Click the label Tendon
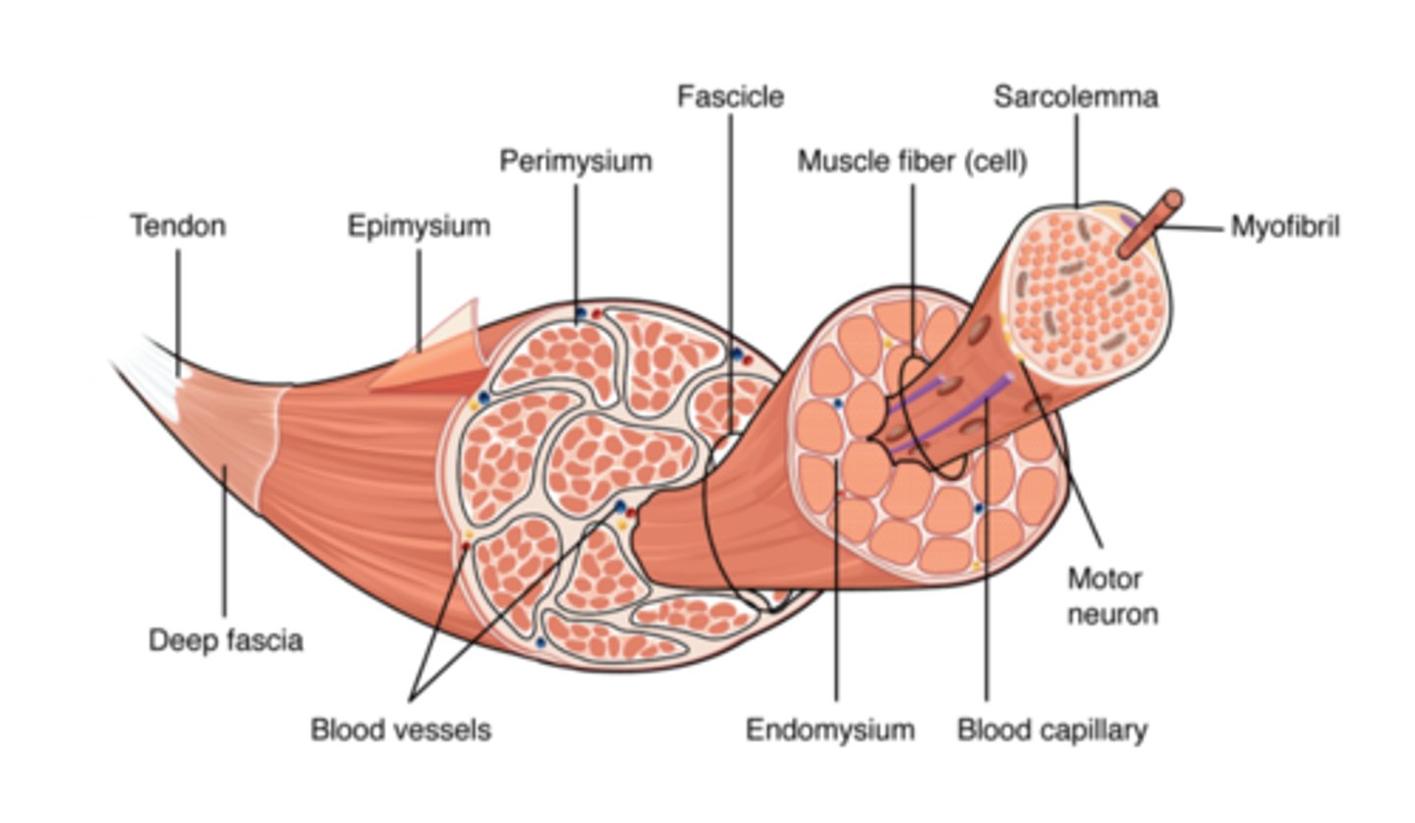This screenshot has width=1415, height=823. pyautogui.click(x=178, y=226)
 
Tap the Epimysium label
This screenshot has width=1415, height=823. pyautogui.click(x=419, y=226)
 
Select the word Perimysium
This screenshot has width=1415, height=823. pyautogui.click(x=575, y=161)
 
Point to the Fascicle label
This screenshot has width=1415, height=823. pyautogui.click(x=730, y=96)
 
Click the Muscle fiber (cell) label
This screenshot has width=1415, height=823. pyautogui.click(x=912, y=161)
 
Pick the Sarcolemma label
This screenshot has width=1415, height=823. pyautogui.click(x=1075, y=96)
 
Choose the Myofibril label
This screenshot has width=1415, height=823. pyautogui.click(x=1284, y=227)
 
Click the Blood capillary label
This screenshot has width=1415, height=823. pyautogui.click(x=1051, y=730)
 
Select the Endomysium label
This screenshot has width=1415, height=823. pyautogui.click(x=829, y=730)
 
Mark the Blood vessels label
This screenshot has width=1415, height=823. pyautogui.click(x=400, y=730)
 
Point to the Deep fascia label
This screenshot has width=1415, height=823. pyautogui.click(x=225, y=640)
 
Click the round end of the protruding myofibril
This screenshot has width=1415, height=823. pyautogui.click(x=1171, y=200)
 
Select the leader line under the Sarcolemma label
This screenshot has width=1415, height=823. pyautogui.click(x=1075, y=157)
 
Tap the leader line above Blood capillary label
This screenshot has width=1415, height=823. pyautogui.click(x=986, y=589)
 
